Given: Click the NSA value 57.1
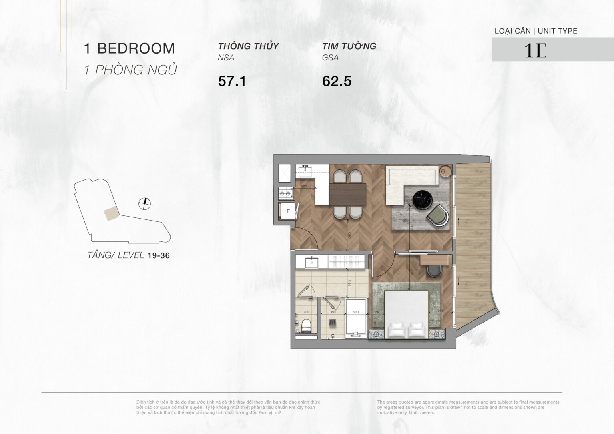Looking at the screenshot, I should (x=232, y=81).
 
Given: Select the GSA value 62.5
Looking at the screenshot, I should (x=337, y=81).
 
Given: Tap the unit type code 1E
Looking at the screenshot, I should (x=535, y=50).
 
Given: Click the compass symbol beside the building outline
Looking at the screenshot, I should (x=144, y=204).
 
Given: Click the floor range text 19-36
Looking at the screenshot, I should (x=158, y=256).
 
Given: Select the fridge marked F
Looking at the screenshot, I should (x=287, y=211).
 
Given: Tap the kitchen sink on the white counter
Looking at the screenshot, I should (x=306, y=171).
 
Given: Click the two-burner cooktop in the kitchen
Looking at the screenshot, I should (x=285, y=194).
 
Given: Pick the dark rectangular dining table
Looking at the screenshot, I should (x=347, y=194).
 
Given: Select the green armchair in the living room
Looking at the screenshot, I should (x=437, y=215).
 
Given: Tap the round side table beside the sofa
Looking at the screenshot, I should (x=445, y=171).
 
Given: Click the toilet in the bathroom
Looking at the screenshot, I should (x=306, y=326).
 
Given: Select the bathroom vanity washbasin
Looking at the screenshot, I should (x=311, y=262).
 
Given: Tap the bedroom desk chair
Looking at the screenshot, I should (x=433, y=271).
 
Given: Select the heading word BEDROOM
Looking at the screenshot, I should (x=136, y=48).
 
